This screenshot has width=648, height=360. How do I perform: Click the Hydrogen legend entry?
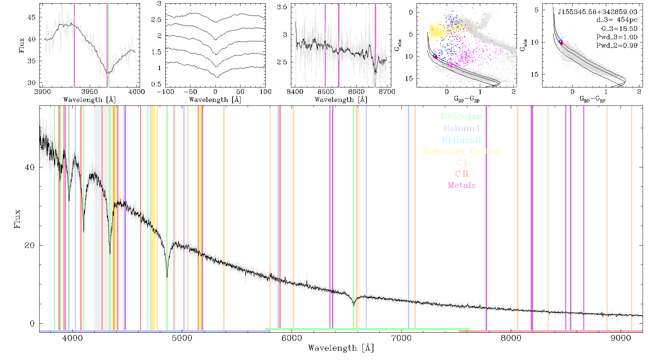point(462,116)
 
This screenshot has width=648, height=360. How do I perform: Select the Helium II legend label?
point(462,140)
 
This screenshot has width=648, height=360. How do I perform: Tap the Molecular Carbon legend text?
point(462,151)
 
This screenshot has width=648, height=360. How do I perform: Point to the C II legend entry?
point(462,174)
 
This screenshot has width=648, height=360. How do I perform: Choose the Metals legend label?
point(462,185)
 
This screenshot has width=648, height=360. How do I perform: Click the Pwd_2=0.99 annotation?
point(617,45)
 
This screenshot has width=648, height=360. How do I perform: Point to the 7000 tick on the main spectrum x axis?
point(401,338)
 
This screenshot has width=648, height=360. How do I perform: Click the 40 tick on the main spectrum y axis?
point(30,167)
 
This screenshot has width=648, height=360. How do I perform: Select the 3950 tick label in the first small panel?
point(90,91)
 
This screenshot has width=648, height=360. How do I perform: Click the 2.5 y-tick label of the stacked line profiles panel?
point(156,19)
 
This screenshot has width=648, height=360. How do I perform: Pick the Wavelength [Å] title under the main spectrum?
point(341,348)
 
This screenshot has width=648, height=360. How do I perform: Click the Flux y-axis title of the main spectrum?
point(17,219)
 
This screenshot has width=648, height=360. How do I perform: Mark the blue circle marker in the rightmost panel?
point(561,42)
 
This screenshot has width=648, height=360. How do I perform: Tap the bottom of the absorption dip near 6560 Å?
point(354,306)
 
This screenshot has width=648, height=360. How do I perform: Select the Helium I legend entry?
point(462,128)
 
